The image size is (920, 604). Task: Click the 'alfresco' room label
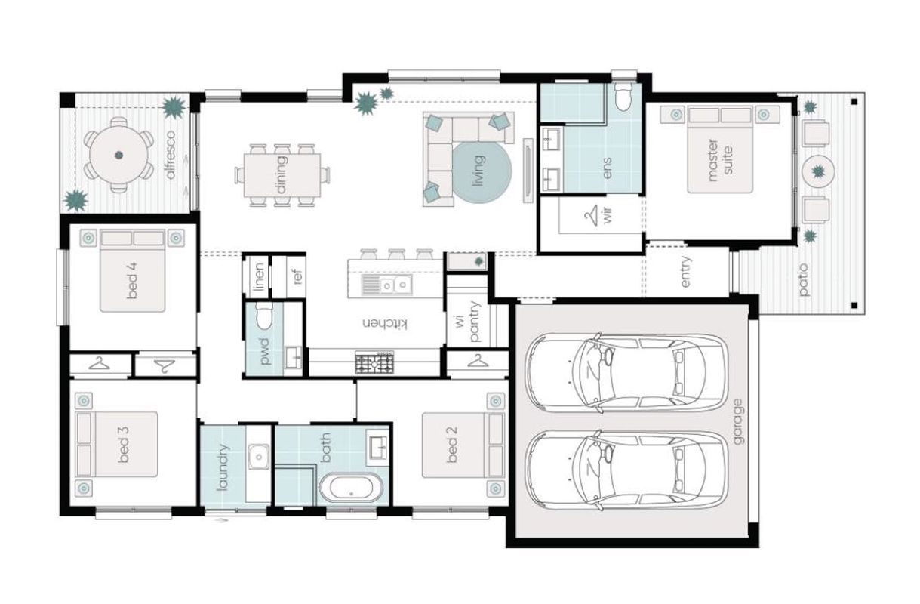click(171, 155)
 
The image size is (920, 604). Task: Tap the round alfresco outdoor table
click(118, 155)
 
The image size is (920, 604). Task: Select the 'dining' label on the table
click(282, 174)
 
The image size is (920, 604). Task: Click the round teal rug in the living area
click(482, 171)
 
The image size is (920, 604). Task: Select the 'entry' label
click(686, 272)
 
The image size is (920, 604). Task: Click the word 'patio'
click(804, 280)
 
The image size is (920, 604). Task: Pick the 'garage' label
click(738, 421)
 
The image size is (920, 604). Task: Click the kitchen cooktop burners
click(374, 363)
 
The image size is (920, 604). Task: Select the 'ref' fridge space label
click(298, 276)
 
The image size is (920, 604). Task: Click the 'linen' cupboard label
click(260, 276)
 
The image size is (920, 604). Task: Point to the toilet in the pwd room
click(263, 316)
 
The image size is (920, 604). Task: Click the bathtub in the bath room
click(351, 488)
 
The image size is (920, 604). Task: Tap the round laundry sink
click(258, 457)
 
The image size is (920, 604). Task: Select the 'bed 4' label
click(132, 281)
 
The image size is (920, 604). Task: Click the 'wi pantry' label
click(467, 322)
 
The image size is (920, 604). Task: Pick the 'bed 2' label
click(452, 445)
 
